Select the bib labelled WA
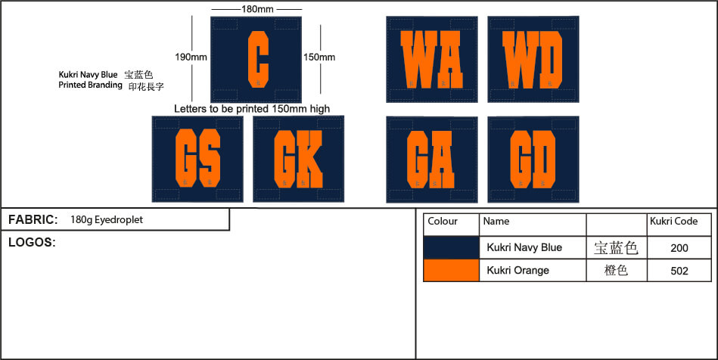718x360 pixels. (x=431, y=59)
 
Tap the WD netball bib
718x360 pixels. (x=533, y=59)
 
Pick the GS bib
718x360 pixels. (x=197, y=158)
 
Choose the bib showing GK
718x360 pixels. (x=298, y=158)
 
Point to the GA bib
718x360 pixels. (x=431, y=159)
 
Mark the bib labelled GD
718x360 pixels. (x=533, y=159)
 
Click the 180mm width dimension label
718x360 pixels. (x=257, y=8)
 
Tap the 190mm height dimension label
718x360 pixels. (x=191, y=57)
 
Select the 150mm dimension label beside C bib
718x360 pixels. (x=319, y=57)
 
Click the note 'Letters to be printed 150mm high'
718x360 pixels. (x=252, y=109)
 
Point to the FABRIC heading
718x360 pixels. (x=33, y=220)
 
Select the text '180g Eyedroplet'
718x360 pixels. (x=106, y=220)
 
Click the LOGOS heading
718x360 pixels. (x=32, y=243)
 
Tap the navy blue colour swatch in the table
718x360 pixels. (x=451, y=247)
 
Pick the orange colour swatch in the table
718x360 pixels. (x=451, y=270)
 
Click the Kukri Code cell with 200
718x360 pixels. (x=679, y=247)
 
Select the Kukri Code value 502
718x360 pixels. (x=679, y=270)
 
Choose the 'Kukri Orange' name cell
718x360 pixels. (x=518, y=270)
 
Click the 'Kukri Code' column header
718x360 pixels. (x=673, y=222)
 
